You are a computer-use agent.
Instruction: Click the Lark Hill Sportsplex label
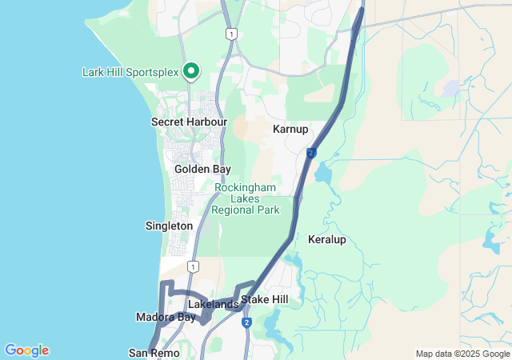tap(130, 72)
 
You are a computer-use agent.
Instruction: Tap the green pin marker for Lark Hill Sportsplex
tap(191, 72)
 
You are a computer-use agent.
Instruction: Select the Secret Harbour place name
tap(189, 122)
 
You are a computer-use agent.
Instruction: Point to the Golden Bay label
tap(202, 170)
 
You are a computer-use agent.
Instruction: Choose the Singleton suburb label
tap(169, 226)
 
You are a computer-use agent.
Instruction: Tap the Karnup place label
tap(290, 129)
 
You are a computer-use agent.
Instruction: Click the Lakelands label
tap(212, 305)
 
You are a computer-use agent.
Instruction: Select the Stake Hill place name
tap(264, 300)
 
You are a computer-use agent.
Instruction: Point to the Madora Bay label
tap(166, 318)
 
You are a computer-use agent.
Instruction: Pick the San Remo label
tap(149, 352)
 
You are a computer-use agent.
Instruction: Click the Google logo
tap(26, 350)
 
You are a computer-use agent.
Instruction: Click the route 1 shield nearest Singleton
tap(193, 266)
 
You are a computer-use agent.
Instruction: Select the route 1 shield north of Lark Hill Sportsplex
tap(231, 34)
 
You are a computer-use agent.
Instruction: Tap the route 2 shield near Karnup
tap(310, 153)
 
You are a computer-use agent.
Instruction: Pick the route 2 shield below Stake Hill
tap(246, 322)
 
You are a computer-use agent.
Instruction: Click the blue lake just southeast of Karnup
tap(323, 173)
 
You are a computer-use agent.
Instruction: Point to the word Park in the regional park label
tap(266, 210)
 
